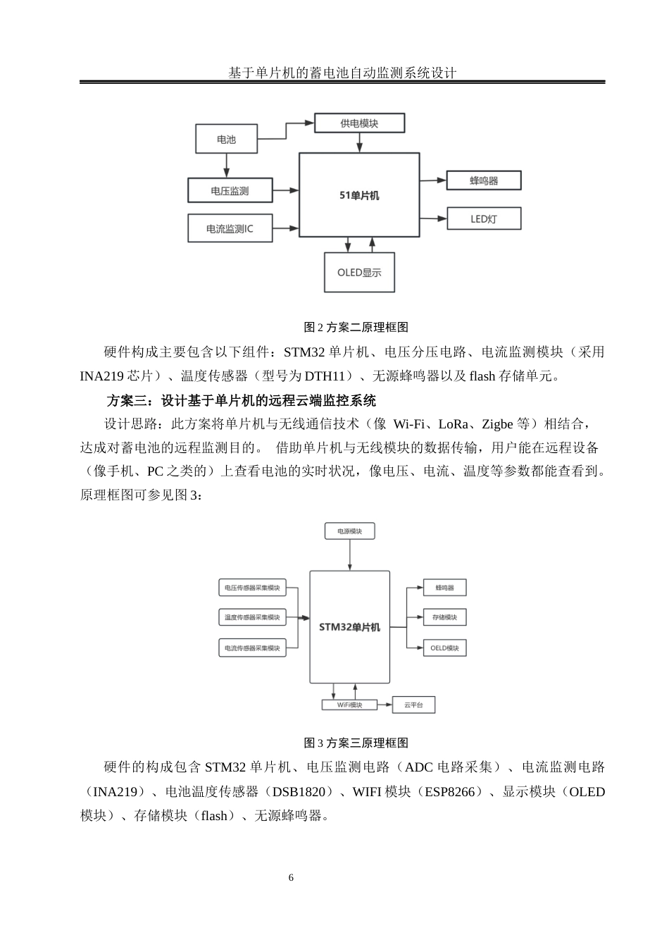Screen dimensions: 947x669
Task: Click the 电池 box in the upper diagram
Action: tap(226, 139)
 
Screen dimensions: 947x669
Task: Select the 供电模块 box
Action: tap(359, 123)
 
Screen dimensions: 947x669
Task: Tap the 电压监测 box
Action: tap(230, 190)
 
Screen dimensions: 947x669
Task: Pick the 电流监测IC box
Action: tap(230, 228)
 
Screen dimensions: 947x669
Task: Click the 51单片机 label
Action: tap(359, 195)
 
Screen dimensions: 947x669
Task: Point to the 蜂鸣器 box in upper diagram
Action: tap(484, 180)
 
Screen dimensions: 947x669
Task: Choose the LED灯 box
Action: tap(484, 218)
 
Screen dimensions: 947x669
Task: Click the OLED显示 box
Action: tap(359, 272)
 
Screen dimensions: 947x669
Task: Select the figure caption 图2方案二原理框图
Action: tap(356, 327)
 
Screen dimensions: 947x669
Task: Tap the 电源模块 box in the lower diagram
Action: tap(349, 531)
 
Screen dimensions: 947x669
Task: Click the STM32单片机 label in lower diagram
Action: tap(349, 626)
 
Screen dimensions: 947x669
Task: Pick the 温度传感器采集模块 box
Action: tap(252, 617)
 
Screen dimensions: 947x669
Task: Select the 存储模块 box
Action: tap(444, 617)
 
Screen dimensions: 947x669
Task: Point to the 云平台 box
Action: tap(413, 705)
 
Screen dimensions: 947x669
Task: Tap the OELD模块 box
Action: tap(444, 648)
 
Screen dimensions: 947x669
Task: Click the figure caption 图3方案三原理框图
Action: tap(356, 743)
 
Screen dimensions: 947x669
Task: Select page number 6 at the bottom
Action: tap(291, 878)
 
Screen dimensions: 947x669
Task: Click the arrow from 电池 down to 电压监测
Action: tap(226, 166)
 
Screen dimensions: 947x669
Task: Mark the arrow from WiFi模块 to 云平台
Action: tap(383, 705)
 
